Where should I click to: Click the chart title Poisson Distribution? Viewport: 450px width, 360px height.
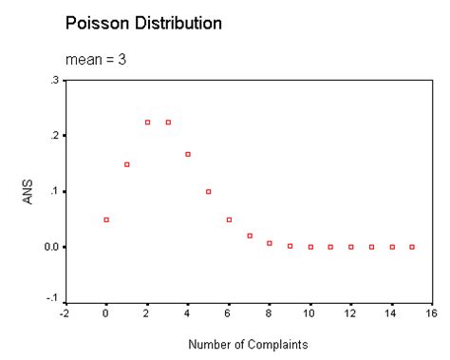click(x=144, y=22)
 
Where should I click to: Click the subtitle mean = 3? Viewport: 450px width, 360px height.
click(x=96, y=60)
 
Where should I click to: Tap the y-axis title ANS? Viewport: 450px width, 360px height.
click(x=29, y=191)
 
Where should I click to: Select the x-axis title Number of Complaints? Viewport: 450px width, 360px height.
click(x=248, y=344)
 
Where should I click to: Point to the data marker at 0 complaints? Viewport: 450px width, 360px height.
click(x=106, y=219)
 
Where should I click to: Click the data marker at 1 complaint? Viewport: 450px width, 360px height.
click(x=126, y=164)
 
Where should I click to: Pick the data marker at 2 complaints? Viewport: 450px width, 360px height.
click(x=147, y=123)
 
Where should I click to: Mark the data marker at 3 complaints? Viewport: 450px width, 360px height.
click(x=168, y=123)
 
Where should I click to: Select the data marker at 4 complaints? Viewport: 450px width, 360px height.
click(x=188, y=154)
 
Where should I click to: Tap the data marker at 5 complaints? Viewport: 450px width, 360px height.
click(x=209, y=192)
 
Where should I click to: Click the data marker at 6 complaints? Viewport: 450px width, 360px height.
click(x=229, y=219)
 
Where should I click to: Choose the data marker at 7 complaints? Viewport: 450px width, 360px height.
click(x=250, y=236)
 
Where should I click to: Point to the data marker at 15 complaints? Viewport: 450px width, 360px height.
click(x=412, y=247)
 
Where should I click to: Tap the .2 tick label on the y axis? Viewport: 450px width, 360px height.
click(x=53, y=136)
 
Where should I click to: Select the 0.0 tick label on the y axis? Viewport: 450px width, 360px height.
click(x=50, y=247)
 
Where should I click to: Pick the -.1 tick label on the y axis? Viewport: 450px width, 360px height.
click(x=52, y=300)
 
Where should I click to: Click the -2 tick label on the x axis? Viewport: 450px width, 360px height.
click(x=65, y=313)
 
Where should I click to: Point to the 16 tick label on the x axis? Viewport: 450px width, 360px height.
click(x=432, y=313)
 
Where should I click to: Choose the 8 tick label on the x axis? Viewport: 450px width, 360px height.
click(x=270, y=313)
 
